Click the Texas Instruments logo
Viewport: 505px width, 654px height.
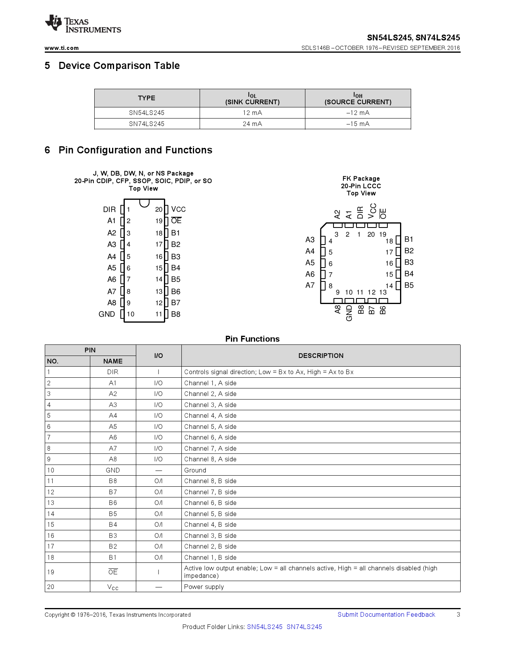(x=83, y=24)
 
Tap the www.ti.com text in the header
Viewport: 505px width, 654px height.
(x=61, y=48)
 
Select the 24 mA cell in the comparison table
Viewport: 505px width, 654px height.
(x=252, y=124)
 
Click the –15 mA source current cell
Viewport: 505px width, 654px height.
(x=358, y=124)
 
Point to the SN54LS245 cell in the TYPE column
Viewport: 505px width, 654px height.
(x=147, y=113)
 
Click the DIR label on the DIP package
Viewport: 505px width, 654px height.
(x=109, y=209)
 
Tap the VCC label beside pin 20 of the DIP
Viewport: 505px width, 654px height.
(x=178, y=209)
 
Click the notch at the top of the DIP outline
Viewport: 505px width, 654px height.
(x=144, y=203)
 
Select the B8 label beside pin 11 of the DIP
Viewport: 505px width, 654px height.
(x=175, y=314)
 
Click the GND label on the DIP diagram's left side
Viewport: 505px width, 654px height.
(x=107, y=314)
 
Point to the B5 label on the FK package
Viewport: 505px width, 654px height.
(x=409, y=285)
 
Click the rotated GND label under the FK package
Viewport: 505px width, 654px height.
(x=349, y=313)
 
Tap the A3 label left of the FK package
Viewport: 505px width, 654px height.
(x=310, y=240)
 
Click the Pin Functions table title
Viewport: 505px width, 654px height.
(x=252, y=339)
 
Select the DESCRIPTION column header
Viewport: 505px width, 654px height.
(x=321, y=356)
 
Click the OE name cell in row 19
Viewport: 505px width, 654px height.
(x=113, y=572)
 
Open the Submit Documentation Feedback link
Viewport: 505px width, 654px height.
(x=386, y=614)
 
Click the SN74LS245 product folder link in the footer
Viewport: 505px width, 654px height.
(x=304, y=627)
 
